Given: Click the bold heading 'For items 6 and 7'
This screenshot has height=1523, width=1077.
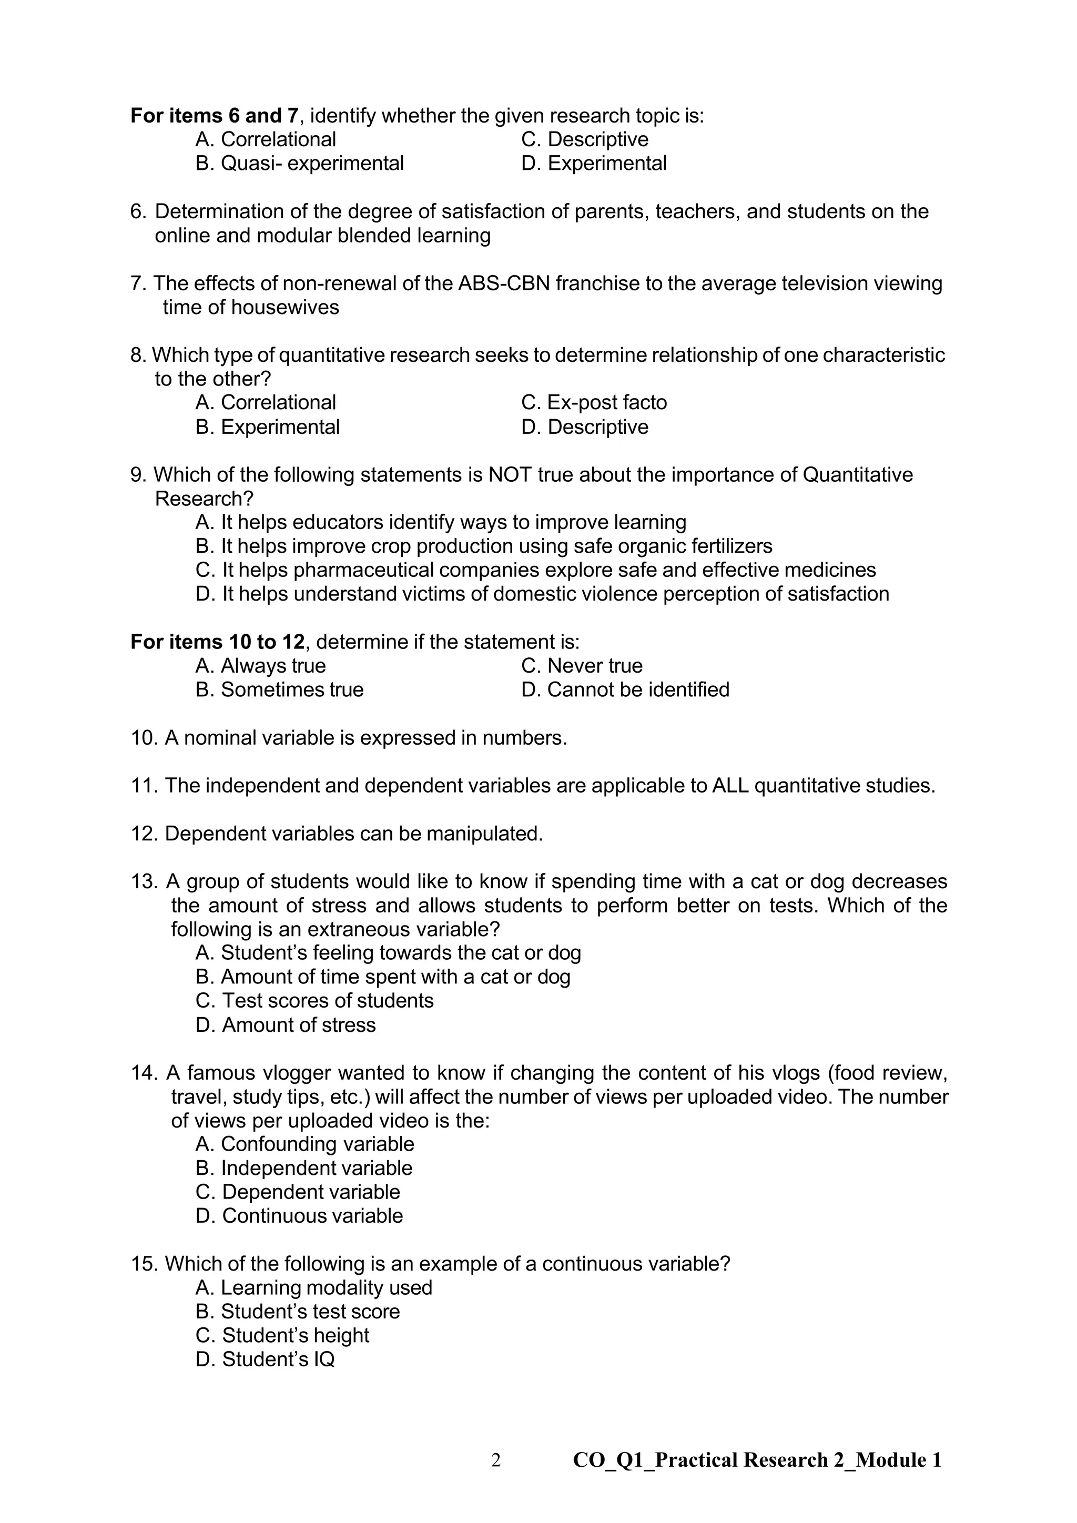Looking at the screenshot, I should (214, 116).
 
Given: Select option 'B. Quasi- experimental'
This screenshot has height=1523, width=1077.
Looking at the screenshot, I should (299, 163).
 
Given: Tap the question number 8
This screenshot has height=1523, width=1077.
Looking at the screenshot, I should (137, 356).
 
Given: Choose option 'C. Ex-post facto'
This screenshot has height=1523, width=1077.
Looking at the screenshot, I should (594, 403).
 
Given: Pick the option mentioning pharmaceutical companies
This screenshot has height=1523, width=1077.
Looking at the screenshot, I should (535, 571).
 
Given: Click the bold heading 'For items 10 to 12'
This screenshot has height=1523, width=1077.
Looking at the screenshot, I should (218, 642).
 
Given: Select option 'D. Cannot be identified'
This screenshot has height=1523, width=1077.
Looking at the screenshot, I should (625, 690).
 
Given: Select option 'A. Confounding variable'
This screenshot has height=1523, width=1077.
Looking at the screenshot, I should (304, 1144).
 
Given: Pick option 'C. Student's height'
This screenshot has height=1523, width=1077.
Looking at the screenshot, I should (282, 1335).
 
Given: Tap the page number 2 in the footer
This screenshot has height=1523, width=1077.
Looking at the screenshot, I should (495, 1460).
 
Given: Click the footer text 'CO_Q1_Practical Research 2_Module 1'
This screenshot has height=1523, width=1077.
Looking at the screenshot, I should (757, 1460).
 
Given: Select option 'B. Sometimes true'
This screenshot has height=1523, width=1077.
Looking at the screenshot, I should (279, 690).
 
